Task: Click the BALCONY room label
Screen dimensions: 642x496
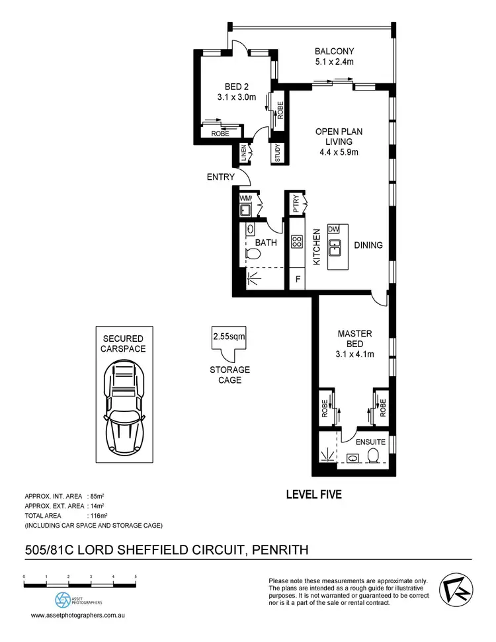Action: point(334,52)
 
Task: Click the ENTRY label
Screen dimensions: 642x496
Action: point(220,177)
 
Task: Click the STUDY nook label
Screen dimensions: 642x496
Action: point(278,153)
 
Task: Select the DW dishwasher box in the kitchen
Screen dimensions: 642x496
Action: point(333,229)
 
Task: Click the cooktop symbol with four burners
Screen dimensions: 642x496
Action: point(297,242)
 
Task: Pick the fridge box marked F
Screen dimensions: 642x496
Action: point(298,279)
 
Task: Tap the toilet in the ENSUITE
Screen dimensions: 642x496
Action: point(374,456)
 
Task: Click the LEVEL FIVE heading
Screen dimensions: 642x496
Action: point(313,493)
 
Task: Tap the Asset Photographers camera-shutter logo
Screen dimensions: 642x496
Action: point(62,599)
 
